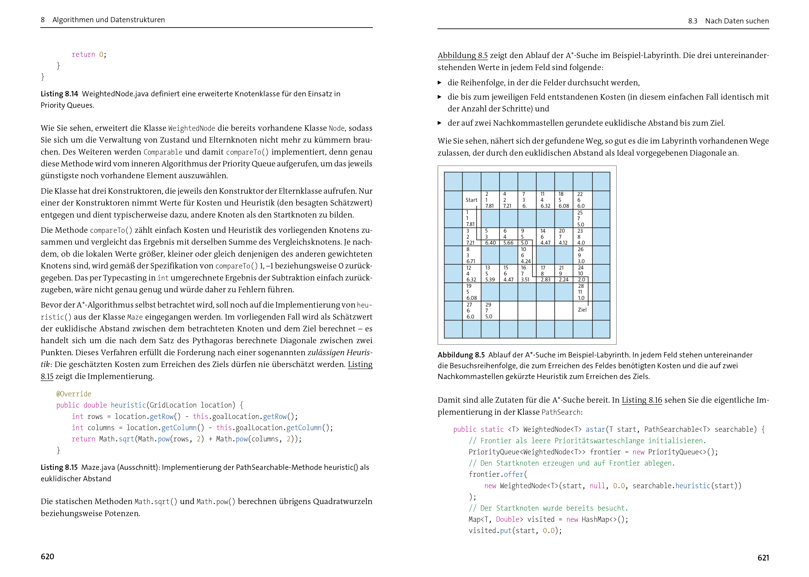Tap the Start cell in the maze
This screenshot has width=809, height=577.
click(471, 200)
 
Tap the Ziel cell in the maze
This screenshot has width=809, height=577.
click(582, 310)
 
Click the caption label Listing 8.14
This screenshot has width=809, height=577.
click(59, 94)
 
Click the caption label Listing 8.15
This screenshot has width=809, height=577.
click(59, 467)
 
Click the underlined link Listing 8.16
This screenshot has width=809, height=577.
click(642, 400)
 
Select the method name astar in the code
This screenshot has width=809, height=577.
click(595, 429)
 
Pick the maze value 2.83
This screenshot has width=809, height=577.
click(545, 280)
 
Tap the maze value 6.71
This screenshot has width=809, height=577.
click(471, 261)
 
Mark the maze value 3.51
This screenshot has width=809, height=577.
click(525, 280)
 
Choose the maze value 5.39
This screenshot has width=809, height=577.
click(490, 280)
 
